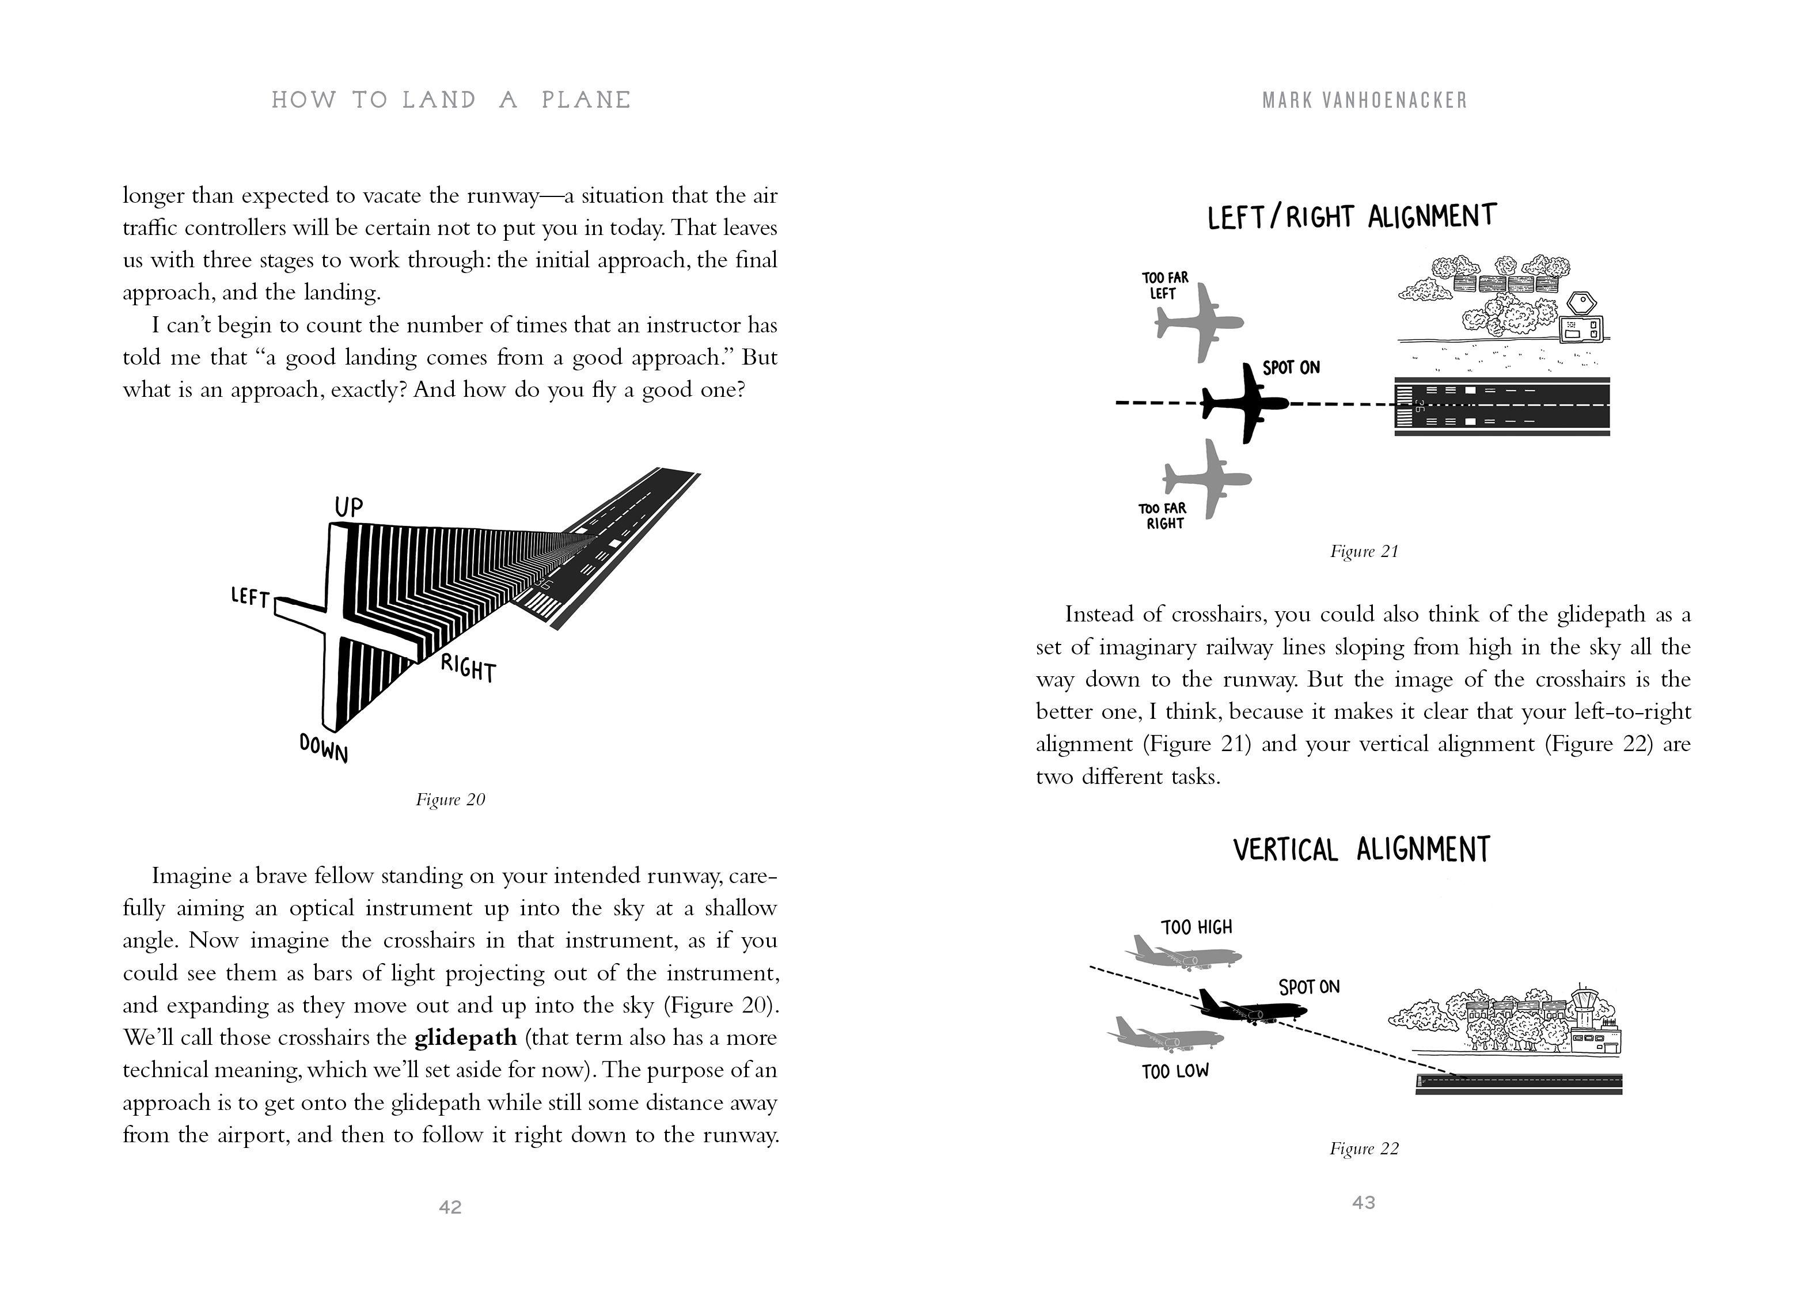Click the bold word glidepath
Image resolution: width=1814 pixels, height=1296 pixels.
[x=465, y=1037]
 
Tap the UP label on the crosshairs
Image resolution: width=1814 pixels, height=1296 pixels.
[x=348, y=507]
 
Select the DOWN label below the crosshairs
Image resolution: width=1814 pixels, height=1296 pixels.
[x=324, y=748]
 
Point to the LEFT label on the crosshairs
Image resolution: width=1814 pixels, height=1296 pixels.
[x=250, y=597]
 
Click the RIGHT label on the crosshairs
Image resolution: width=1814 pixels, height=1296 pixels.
[x=468, y=668]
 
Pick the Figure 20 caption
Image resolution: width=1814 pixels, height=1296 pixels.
[x=450, y=799]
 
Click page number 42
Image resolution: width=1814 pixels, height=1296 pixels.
[x=450, y=1207]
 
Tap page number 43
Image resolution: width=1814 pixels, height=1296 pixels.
[x=1363, y=1202]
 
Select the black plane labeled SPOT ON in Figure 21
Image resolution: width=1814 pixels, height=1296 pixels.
[x=1244, y=403]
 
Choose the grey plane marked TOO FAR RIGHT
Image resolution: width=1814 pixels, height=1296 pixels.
[x=1205, y=479]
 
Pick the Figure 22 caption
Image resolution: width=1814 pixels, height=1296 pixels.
[x=1363, y=1149]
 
